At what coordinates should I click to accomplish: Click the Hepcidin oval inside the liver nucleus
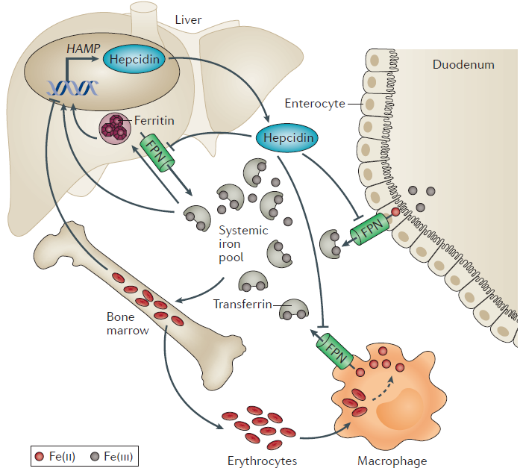pyautogui.click(x=134, y=60)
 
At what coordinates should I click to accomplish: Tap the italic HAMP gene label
pyautogui.click(x=83, y=49)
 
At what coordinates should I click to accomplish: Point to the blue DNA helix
pyautogui.click(x=72, y=89)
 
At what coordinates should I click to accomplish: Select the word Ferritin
pyautogui.click(x=154, y=120)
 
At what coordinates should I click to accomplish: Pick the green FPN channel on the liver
pyautogui.click(x=157, y=152)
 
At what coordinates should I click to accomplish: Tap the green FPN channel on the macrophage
pyautogui.click(x=335, y=351)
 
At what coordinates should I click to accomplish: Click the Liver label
pyautogui.click(x=188, y=20)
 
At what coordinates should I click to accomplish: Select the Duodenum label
pyautogui.click(x=463, y=64)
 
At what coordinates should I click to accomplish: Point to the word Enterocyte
pyautogui.click(x=315, y=104)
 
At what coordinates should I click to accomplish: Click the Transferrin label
pyautogui.click(x=242, y=305)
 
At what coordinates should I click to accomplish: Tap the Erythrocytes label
pyautogui.click(x=262, y=461)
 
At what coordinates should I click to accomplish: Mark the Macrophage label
pyautogui.click(x=392, y=461)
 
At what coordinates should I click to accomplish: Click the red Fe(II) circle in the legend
pyautogui.click(x=40, y=456)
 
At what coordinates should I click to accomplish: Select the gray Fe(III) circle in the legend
pyautogui.click(x=95, y=456)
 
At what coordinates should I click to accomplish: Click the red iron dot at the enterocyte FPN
pyautogui.click(x=395, y=212)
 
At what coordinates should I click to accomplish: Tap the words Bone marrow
pyautogui.click(x=128, y=323)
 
